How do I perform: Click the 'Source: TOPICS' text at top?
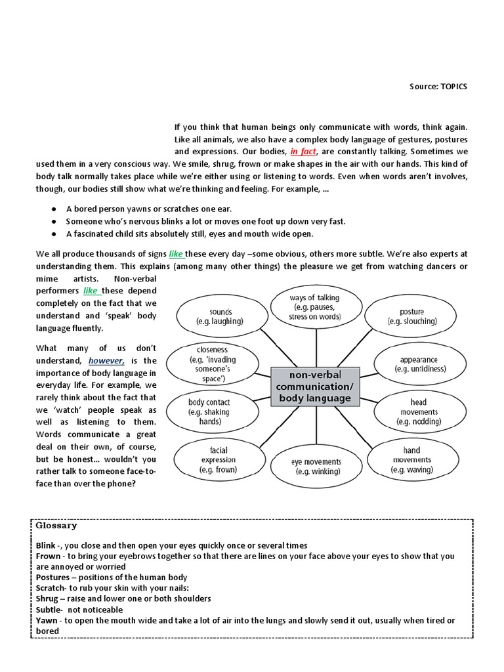438,87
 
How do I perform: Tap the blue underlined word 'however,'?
106,360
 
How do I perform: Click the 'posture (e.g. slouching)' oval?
411,316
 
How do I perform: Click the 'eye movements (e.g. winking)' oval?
316,466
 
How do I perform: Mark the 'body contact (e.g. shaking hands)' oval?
209,411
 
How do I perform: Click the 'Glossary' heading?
56,526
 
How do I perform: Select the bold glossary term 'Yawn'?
48,620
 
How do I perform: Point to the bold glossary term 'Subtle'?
50,609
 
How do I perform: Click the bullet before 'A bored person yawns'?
52,209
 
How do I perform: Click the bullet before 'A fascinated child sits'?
52,234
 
